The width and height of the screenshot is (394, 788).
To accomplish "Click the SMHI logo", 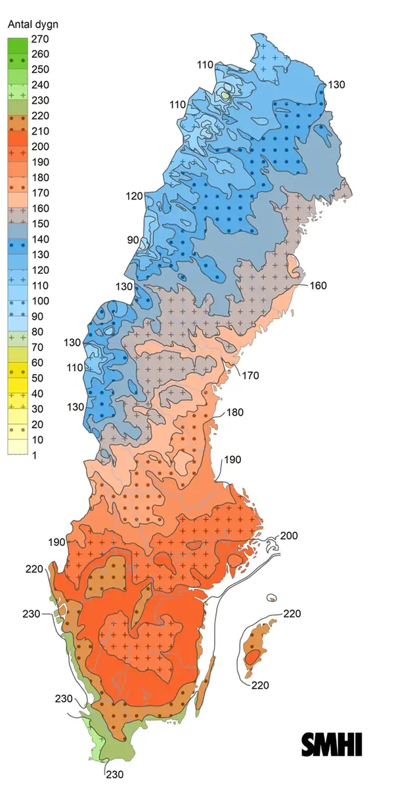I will point(332,744).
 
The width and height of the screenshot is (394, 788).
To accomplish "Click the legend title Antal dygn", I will point(32,25).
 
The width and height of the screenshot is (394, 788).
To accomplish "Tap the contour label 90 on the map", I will point(133,240).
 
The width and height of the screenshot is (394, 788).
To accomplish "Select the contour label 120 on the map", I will point(135,196).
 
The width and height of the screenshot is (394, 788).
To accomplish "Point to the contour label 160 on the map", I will point(318,286).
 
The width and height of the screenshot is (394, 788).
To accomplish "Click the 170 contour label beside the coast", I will point(250,376).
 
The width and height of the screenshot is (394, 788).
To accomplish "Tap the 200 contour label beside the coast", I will point(289,536).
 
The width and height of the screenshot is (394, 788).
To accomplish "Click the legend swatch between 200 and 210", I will point(18,139).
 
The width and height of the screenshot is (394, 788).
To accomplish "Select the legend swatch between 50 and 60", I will point(18,370).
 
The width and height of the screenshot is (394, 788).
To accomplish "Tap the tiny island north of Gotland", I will point(271,598).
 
